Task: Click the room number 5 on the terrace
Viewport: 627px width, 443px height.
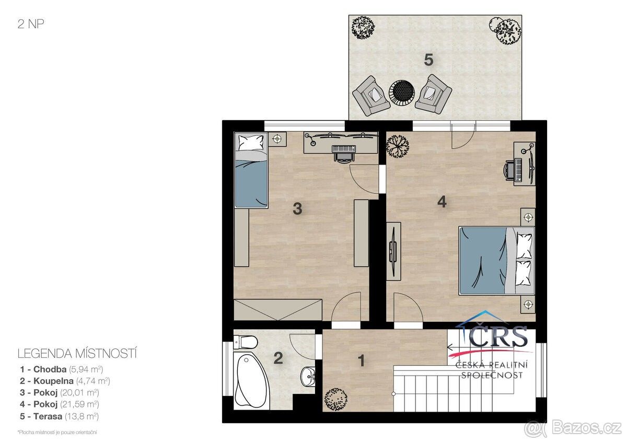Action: pos(428,60)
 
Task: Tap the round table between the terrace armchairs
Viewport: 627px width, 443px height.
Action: pos(402,92)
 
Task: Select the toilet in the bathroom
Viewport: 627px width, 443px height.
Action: pos(246,342)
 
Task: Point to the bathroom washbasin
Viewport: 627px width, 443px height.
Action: pos(308,376)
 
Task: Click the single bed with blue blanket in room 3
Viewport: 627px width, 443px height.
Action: pos(251,170)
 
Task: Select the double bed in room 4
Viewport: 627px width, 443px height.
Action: pos(496,261)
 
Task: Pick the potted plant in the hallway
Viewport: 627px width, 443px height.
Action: pos(335,399)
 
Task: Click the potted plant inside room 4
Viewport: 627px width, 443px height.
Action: pos(397,147)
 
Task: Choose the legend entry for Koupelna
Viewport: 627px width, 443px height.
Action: pos(65,381)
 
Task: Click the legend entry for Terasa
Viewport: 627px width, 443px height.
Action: pos(59,417)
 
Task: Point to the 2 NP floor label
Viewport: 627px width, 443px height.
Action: pos(31,24)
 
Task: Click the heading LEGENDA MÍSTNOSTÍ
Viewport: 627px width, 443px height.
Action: pos(77,354)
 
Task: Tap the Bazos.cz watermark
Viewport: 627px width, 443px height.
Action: pos(574,428)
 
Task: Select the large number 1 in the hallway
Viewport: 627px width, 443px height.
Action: pos(362,361)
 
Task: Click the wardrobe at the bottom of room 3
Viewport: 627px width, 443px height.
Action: pos(278,310)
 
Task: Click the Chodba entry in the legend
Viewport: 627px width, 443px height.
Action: pos(61,369)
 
